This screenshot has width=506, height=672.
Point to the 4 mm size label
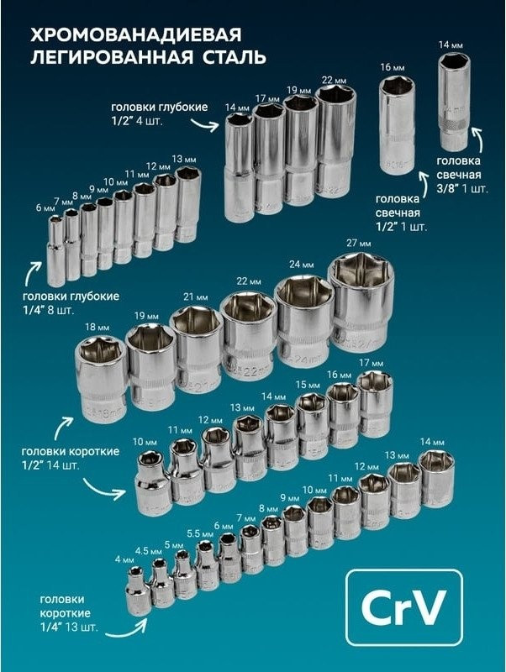tap(125, 559)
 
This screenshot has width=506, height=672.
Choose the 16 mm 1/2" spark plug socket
tap(397, 123)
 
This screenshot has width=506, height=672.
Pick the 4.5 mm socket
tap(163, 581)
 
